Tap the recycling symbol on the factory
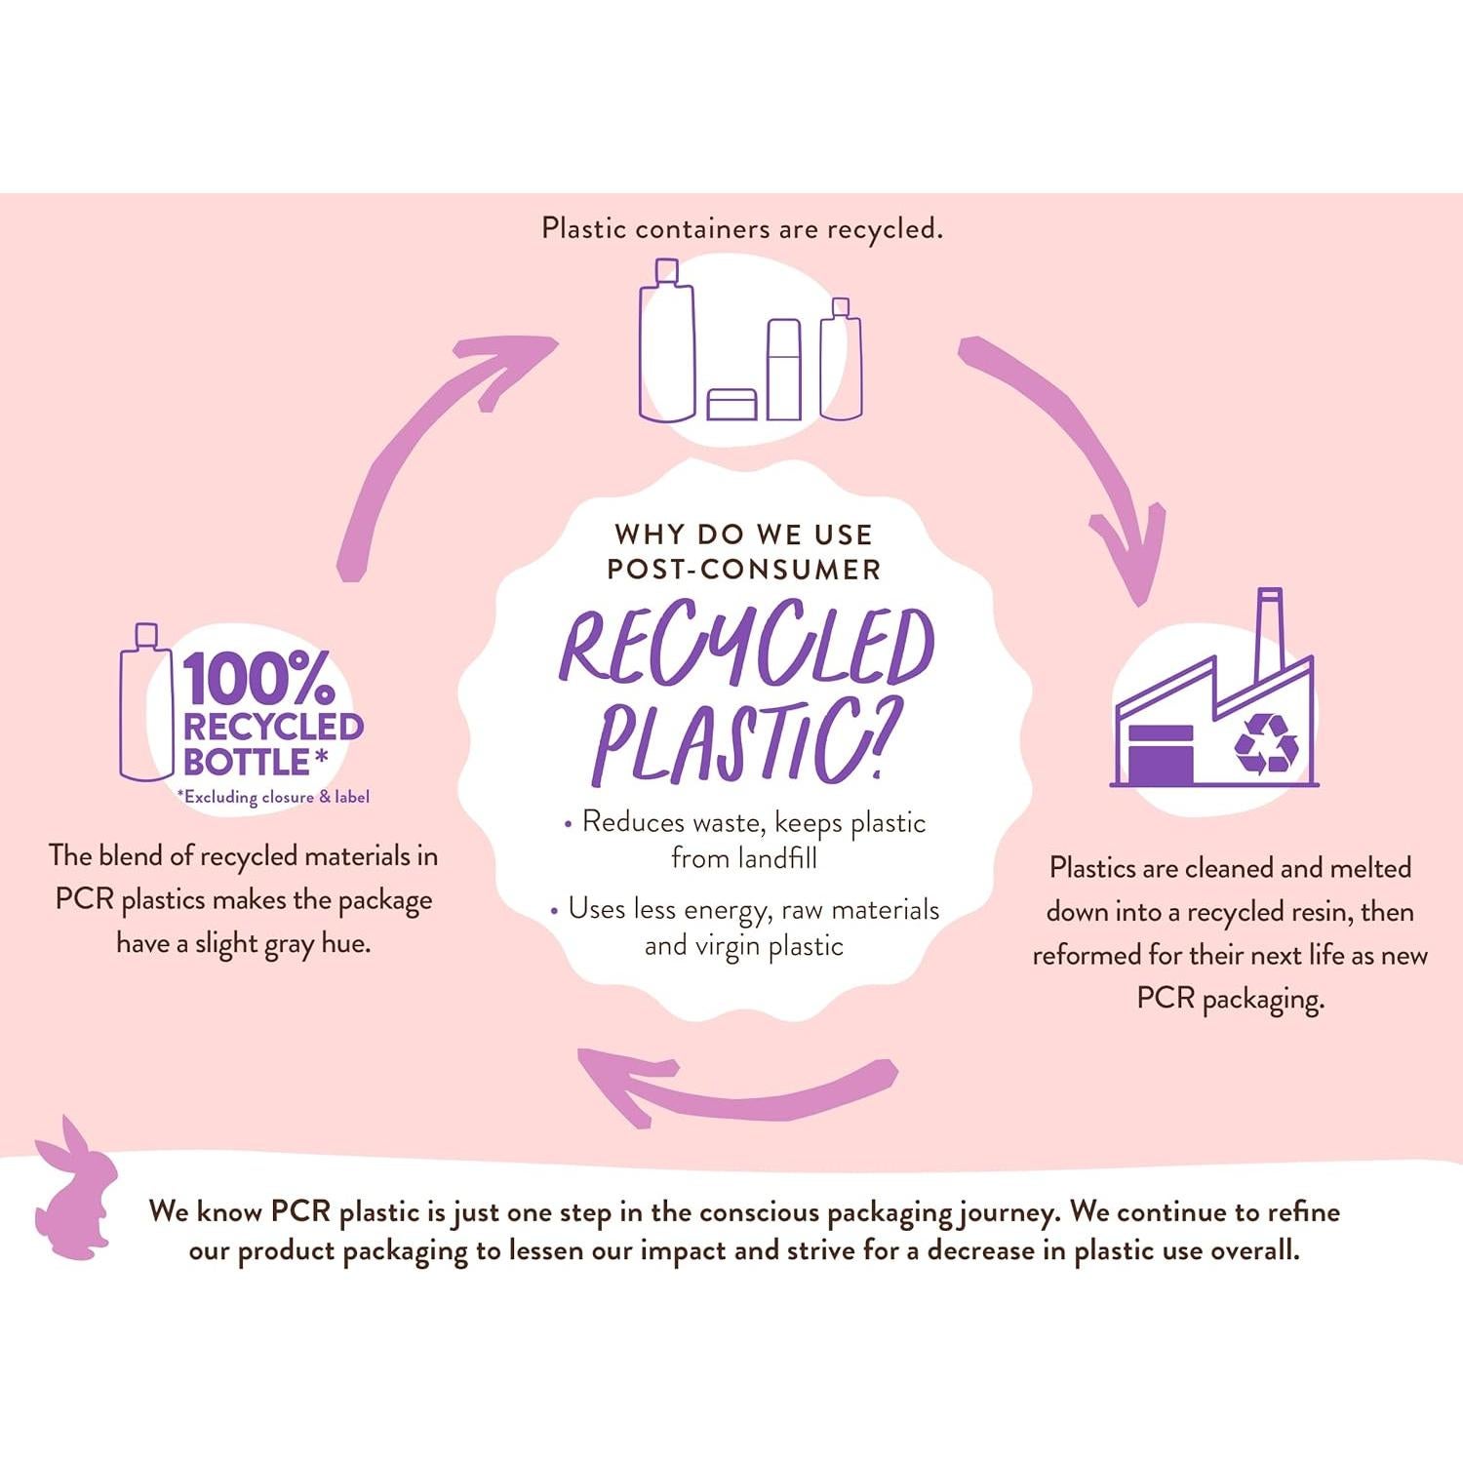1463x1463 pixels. tap(1266, 743)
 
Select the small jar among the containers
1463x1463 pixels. tap(731, 404)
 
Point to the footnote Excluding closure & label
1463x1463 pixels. tap(274, 797)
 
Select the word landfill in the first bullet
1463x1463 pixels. tap(777, 858)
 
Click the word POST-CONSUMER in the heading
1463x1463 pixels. tap(743, 570)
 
